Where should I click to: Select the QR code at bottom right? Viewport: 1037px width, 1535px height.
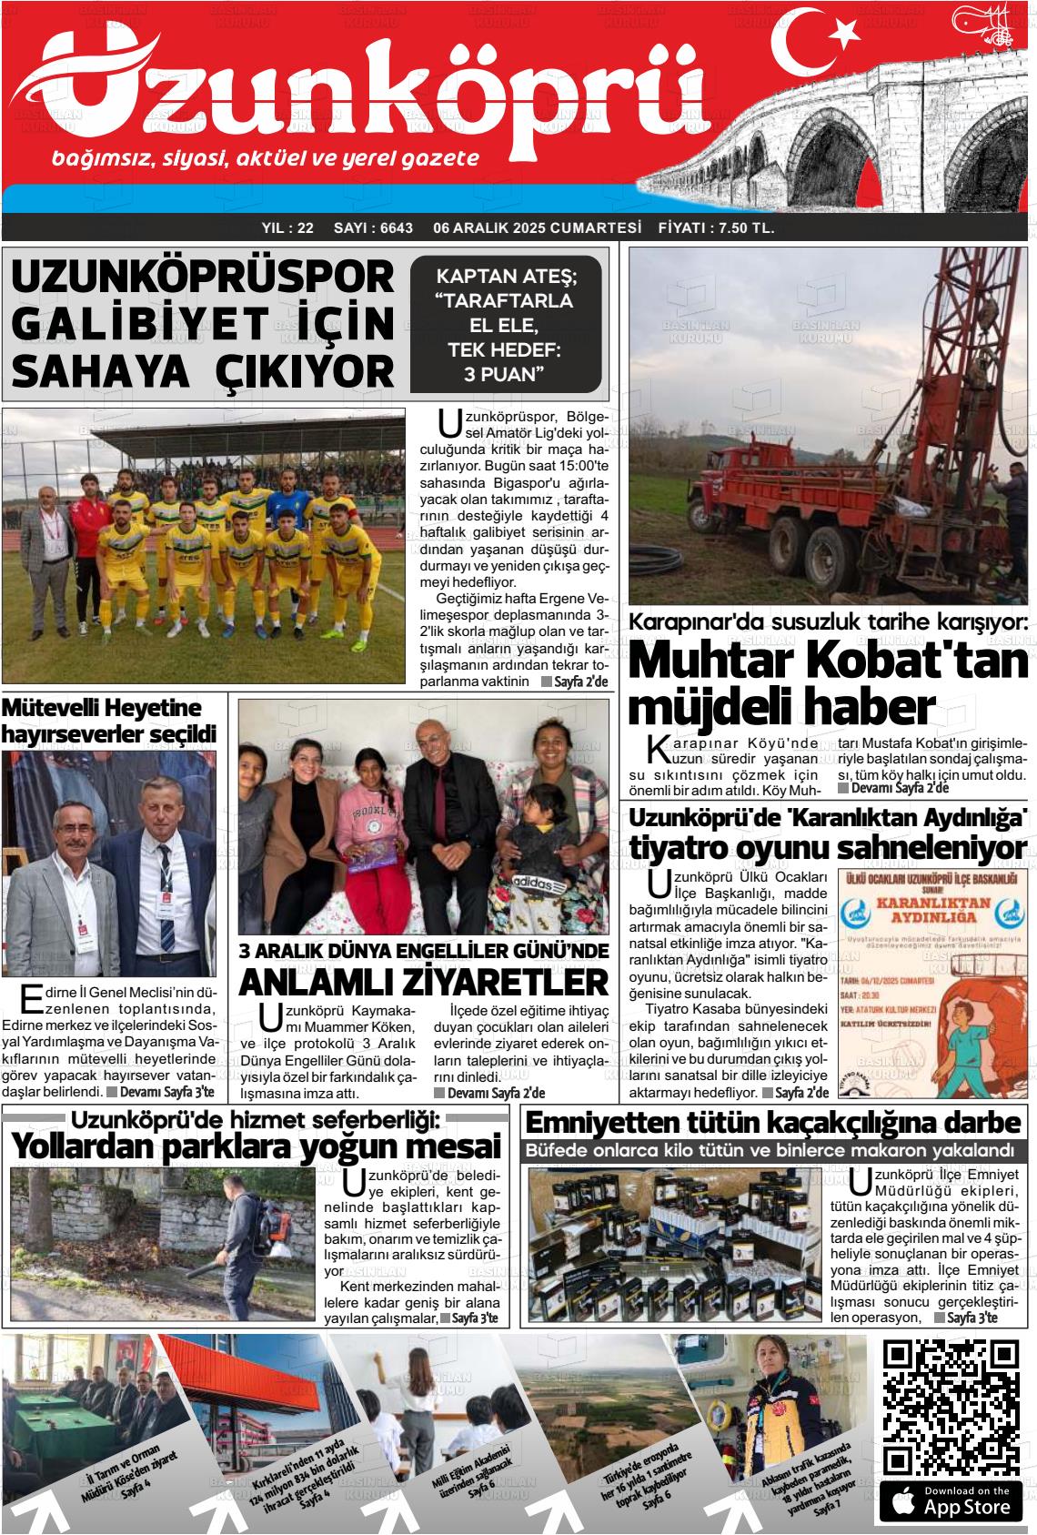(x=951, y=1398)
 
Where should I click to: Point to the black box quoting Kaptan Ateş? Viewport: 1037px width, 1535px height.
(x=506, y=324)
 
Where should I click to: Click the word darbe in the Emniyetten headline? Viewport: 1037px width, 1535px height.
(x=982, y=1121)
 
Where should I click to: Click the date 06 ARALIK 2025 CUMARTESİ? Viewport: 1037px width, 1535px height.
(x=538, y=227)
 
